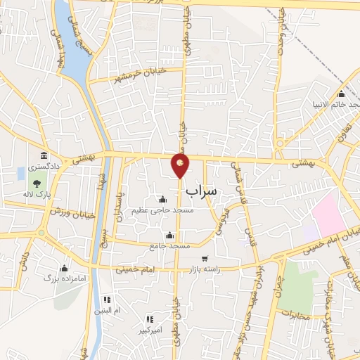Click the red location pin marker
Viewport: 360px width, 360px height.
click(181, 165)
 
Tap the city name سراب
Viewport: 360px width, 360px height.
click(202, 191)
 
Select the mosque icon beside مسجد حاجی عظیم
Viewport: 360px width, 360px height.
click(162, 199)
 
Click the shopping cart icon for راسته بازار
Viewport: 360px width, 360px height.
click(205, 259)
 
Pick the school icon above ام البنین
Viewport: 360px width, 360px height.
click(107, 299)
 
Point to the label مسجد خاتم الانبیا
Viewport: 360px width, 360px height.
click(336, 104)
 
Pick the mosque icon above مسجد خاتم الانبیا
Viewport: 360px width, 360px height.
click(342, 94)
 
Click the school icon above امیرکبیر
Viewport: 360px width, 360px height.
click(149, 319)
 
